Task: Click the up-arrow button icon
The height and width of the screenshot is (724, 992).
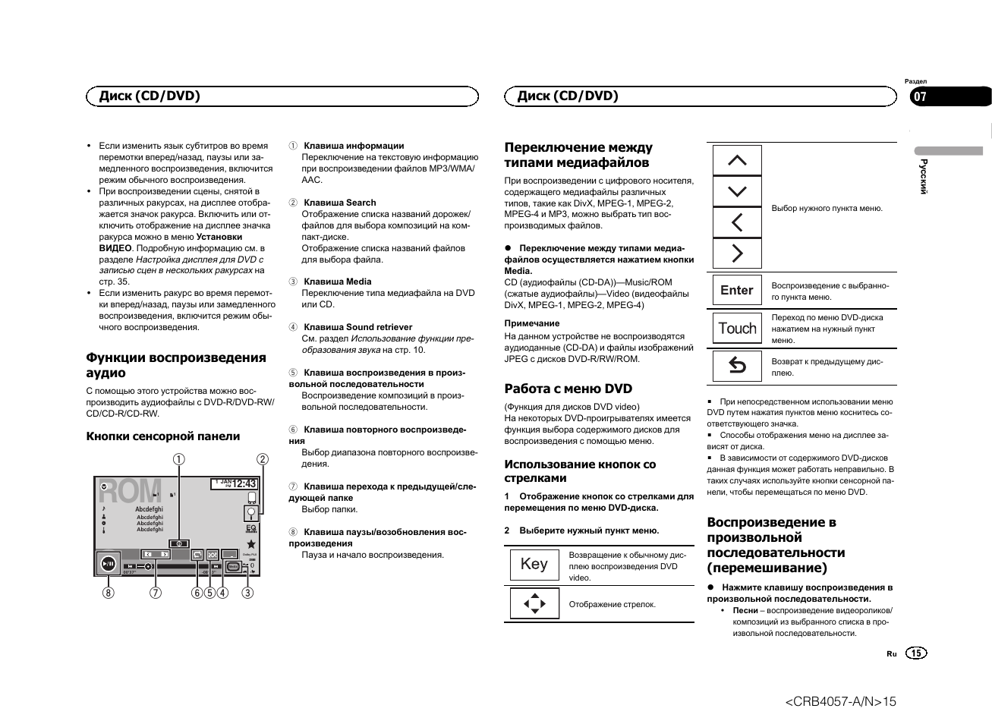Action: [737, 160]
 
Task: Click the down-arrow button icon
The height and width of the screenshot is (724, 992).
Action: [737, 191]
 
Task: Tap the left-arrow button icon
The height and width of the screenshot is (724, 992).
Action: [737, 222]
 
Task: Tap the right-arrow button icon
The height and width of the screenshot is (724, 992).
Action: [737, 253]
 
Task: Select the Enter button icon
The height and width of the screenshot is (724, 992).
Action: [737, 290]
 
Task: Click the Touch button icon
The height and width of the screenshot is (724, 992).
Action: [737, 329]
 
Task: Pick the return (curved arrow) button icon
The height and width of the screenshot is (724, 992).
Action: [737, 367]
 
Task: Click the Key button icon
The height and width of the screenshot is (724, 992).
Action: [534, 564]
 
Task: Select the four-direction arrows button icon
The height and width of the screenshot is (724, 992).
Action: [534, 604]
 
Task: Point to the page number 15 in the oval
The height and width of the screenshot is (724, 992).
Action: [917, 653]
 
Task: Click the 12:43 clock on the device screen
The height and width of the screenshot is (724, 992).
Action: [244, 483]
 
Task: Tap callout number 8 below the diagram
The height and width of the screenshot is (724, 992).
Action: [109, 593]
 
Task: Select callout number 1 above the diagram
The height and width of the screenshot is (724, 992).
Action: [178, 459]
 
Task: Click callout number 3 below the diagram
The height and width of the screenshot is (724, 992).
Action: [247, 593]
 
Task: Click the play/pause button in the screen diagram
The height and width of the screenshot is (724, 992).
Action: [109, 563]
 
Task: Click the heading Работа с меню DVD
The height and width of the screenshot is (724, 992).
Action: [568, 389]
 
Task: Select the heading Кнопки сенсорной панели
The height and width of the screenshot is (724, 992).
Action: [162, 436]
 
